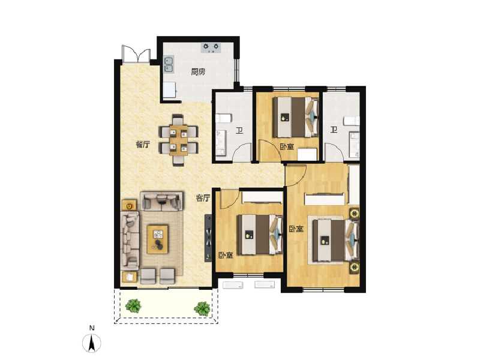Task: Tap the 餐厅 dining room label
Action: coord(142,145)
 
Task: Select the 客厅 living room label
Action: coord(203,197)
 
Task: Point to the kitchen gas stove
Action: coord(211,47)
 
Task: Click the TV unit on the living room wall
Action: coord(208,237)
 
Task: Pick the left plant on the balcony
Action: coord(133,305)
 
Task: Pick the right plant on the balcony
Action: coord(202,308)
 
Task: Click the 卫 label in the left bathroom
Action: coord(238,132)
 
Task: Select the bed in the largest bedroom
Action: coord(334,241)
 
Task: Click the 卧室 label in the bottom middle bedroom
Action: coord(226,255)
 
